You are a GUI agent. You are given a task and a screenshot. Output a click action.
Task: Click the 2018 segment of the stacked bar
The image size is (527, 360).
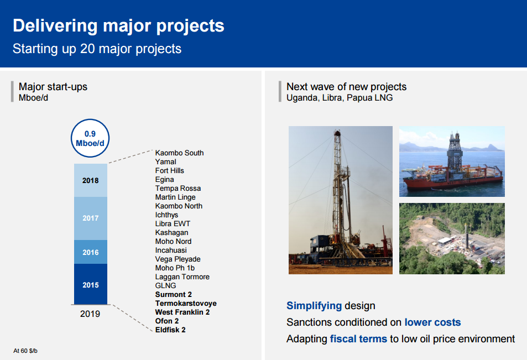[90, 180]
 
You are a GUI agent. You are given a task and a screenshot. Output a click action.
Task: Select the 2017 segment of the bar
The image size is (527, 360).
[90, 218]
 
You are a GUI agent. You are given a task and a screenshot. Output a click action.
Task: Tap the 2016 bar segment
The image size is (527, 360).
[90, 252]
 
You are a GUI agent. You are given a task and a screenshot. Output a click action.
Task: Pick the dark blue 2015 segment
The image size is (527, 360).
[90, 284]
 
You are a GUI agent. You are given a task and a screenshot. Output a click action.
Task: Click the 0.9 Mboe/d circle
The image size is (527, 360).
[90, 138]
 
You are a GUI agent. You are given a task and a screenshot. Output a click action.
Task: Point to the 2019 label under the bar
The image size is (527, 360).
[90, 314]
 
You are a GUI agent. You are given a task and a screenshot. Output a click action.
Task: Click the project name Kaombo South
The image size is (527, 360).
[180, 153]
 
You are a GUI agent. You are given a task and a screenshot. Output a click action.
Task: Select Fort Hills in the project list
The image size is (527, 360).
[169, 171]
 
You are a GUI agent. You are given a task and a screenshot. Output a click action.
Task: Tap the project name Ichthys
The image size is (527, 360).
[166, 215]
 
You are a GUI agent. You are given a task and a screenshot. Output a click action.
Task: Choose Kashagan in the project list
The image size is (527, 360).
[171, 233]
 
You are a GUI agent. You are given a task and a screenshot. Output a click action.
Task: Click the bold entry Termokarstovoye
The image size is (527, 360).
[186, 304]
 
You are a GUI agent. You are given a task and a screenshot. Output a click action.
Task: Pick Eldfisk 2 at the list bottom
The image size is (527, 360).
[170, 330]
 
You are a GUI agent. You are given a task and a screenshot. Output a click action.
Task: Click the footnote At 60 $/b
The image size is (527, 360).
[25, 351]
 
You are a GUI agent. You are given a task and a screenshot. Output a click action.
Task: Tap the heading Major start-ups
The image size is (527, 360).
[53, 87]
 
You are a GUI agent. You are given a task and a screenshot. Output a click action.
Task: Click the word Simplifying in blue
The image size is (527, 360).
[314, 306]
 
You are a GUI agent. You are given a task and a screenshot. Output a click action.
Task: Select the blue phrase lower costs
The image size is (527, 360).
[432, 322]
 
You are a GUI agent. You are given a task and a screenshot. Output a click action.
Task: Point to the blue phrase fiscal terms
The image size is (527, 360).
[358, 339]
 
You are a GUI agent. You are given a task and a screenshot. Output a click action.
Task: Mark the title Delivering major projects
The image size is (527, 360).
[118, 26]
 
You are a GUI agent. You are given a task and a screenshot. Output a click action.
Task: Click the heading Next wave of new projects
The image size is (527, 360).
[346, 87]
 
